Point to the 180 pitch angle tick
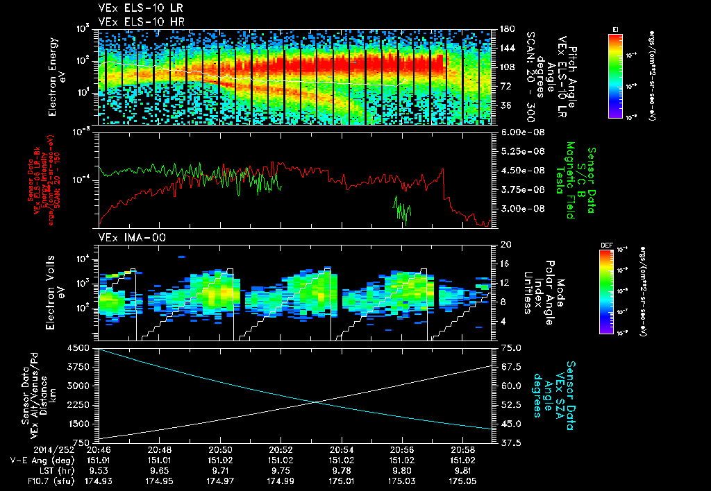(506, 29)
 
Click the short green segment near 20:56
(402, 211)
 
